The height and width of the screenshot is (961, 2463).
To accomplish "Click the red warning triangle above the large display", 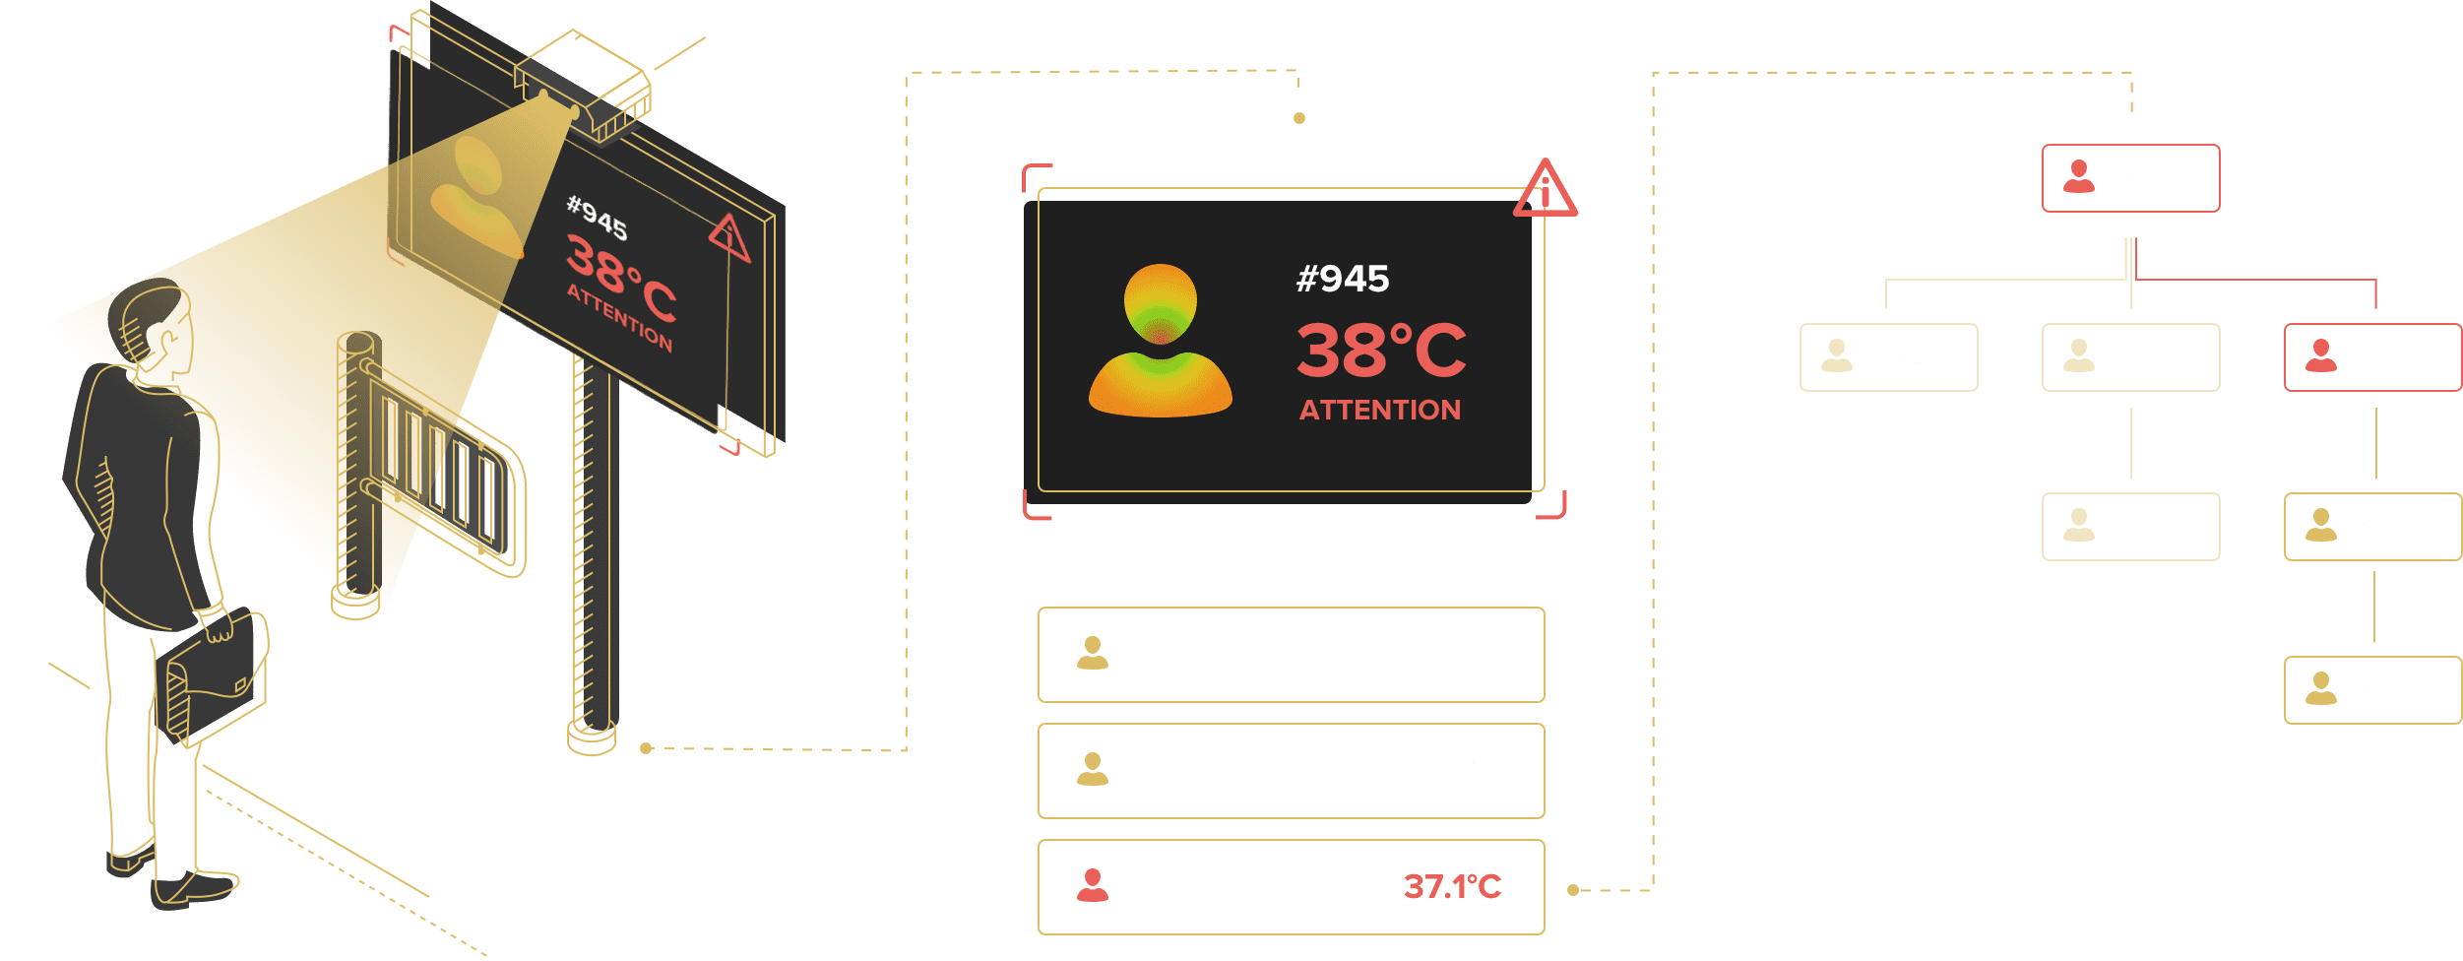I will [1545, 188].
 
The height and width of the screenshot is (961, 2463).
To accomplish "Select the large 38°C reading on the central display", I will [1380, 351].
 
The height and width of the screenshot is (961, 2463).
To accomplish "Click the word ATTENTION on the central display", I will [1380, 410].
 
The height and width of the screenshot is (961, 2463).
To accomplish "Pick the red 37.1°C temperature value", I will [1452, 887].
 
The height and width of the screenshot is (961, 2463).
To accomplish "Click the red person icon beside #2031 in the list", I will [1092, 886].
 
